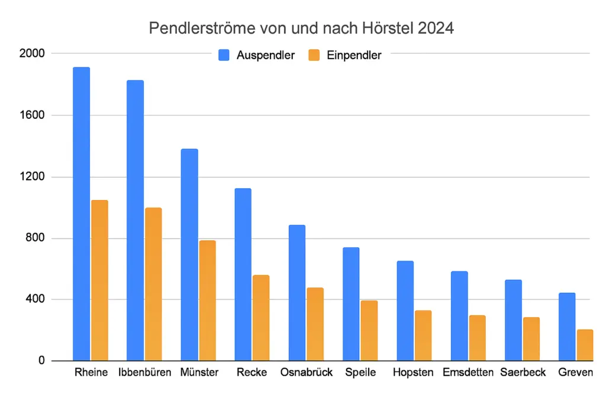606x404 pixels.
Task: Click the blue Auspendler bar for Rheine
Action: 81,213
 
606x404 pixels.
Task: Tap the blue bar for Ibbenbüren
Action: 135,219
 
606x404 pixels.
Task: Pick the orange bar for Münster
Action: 207,300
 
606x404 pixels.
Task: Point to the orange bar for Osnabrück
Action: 315,324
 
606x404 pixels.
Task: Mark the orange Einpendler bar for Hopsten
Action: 423,335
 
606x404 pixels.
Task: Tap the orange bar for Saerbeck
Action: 531,338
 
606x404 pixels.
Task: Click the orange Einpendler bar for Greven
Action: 585,345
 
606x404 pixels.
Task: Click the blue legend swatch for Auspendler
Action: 224,55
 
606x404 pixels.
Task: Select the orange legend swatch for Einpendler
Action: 314,55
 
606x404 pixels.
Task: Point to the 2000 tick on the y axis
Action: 32,54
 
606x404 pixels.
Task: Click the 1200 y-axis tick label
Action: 32,177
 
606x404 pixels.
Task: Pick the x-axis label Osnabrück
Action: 307,373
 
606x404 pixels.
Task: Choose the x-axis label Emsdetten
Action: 468,373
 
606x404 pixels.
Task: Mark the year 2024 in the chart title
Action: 437,28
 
